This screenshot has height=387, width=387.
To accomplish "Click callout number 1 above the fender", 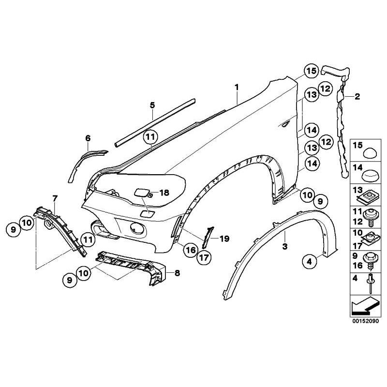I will tap(237, 87).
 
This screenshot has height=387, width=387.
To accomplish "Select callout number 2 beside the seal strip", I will tap(357, 97).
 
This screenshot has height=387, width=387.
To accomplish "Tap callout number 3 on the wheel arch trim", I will tap(285, 247).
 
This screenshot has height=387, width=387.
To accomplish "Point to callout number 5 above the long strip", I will tap(152, 105).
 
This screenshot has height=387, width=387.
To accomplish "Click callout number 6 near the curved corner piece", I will tap(88, 139).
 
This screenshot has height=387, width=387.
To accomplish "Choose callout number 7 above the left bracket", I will tap(55, 198).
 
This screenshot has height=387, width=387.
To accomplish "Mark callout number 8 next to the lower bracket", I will tap(177, 273).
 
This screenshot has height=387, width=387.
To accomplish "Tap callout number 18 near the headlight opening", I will tap(164, 193).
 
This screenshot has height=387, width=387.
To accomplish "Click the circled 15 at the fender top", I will tap(311, 71).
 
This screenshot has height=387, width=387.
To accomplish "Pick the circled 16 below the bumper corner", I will tap(189, 250).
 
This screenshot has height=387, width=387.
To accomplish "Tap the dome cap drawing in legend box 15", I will tap(371, 151).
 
